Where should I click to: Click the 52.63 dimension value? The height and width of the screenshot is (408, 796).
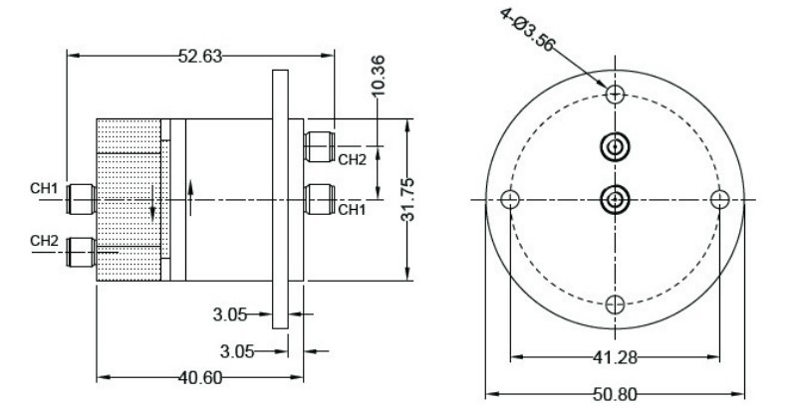click(199, 56)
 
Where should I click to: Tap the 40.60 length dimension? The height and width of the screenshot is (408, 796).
click(199, 377)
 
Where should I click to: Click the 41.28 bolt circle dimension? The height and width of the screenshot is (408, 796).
click(615, 355)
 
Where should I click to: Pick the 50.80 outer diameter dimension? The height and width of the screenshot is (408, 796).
click(615, 393)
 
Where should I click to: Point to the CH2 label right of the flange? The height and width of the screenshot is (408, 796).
click(352, 158)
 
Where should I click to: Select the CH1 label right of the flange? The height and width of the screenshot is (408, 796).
click(352, 209)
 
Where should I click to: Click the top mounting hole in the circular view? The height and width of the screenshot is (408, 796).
click(616, 95)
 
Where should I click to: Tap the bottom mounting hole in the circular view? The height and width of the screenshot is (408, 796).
click(616, 304)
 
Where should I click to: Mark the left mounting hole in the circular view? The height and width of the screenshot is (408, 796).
click(510, 200)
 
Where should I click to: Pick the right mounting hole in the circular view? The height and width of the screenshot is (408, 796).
click(720, 200)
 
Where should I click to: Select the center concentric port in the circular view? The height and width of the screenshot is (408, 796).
click(616, 200)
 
